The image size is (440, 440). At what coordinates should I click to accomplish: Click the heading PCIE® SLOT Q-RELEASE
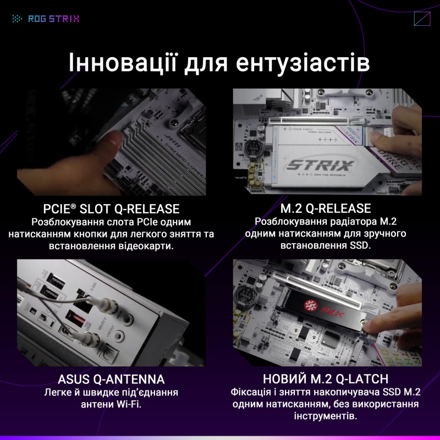click(x=112, y=209)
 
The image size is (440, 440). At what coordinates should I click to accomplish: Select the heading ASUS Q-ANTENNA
click(x=111, y=380)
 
